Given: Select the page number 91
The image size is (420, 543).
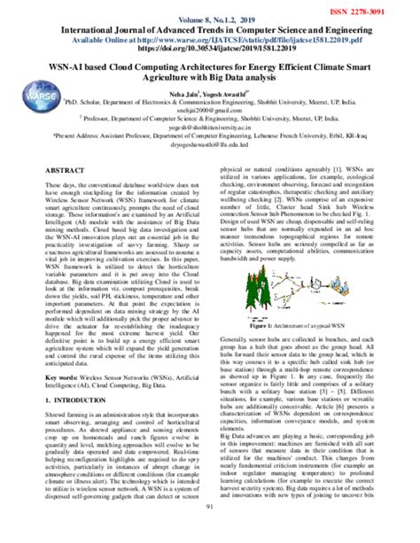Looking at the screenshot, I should pos(209,531).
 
